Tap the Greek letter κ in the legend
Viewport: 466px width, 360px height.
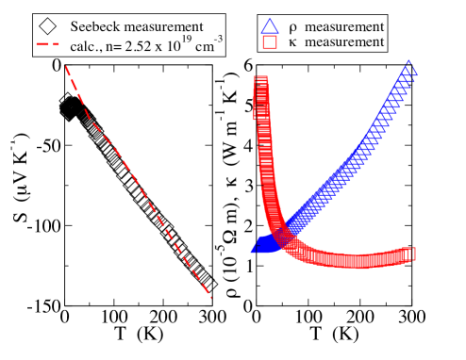click(x=299, y=42)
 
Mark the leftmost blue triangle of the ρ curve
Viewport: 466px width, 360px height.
click(x=256, y=249)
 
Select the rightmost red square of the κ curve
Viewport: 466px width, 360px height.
click(x=410, y=254)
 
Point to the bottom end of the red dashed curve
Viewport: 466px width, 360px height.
click(x=213, y=298)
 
